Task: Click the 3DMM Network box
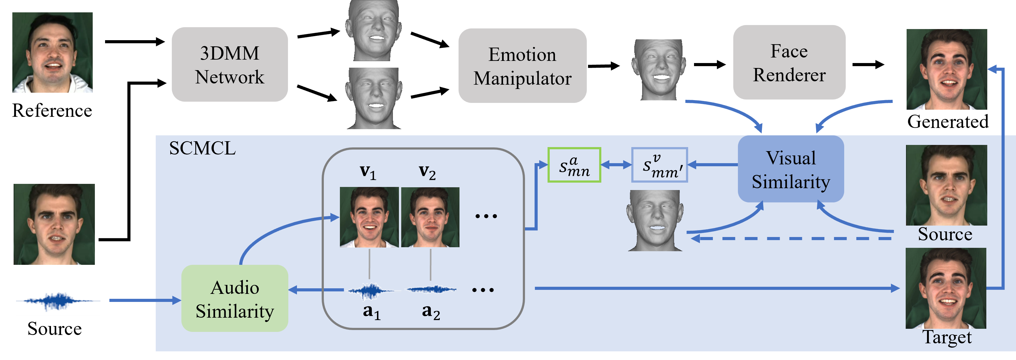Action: tap(230, 65)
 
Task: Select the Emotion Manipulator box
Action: tap(522, 66)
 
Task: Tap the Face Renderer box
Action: tap(789, 63)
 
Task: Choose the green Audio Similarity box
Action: tap(235, 299)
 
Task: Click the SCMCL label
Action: tap(202, 148)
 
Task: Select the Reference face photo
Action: tap(53, 53)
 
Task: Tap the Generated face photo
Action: tap(946, 70)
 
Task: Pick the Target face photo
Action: tap(946, 288)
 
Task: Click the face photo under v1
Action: tap(369, 217)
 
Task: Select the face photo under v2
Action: tap(430, 217)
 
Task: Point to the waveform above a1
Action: tap(370, 290)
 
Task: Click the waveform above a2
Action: tap(431, 290)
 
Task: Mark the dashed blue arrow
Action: tap(791, 239)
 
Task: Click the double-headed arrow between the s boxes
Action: tap(616, 165)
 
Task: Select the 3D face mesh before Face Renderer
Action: tap(658, 70)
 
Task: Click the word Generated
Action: tap(948, 121)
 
